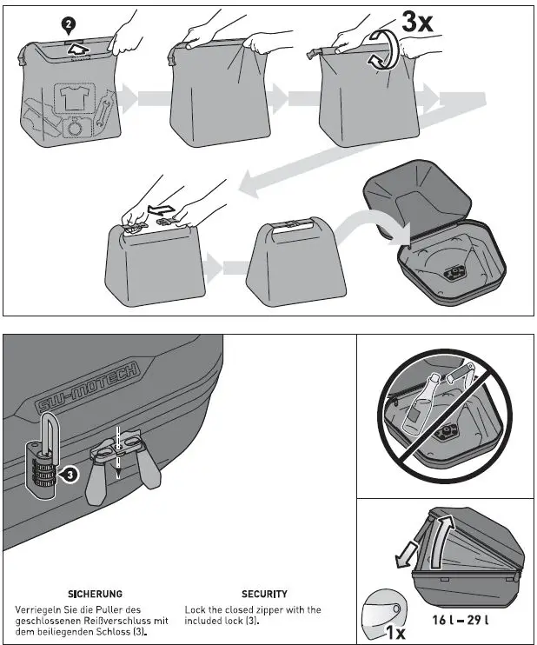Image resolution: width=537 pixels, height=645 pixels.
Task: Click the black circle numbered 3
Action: (71, 474)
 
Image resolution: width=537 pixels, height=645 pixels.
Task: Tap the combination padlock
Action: (42, 461)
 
